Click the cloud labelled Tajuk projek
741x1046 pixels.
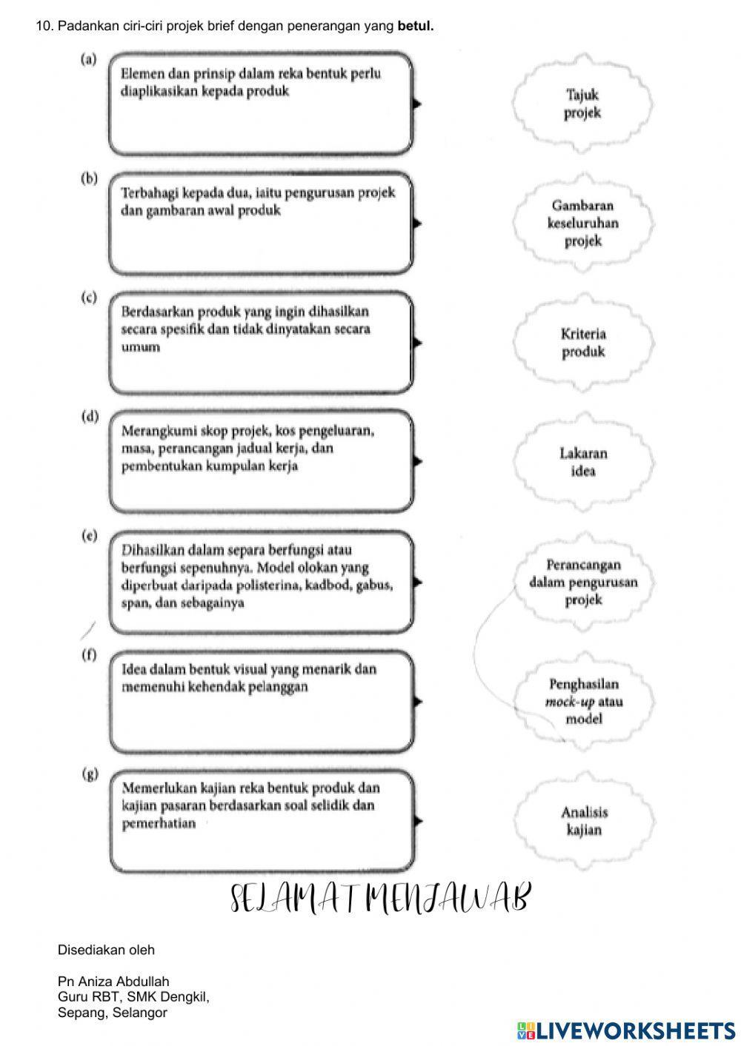[x=582, y=104]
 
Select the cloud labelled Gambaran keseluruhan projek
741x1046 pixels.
[x=582, y=223]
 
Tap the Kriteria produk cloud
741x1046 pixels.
[x=582, y=343]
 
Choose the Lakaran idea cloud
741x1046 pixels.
[x=582, y=462]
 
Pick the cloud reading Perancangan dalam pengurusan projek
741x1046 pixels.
[x=582, y=583]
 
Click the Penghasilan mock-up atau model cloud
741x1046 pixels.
[x=582, y=701]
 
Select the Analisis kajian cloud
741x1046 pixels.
[x=582, y=821]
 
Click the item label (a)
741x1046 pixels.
[x=89, y=59]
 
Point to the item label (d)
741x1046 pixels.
[x=89, y=416]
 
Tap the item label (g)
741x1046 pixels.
[x=89, y=774]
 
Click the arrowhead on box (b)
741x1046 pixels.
[x=417, y=223]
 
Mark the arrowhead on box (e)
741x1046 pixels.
[x=417, y=582]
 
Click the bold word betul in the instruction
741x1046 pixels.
[x=415, y=26]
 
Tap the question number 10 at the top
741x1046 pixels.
[x=44, y=26]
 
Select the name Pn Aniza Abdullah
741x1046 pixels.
[x=113, y=982]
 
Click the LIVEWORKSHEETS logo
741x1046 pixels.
[x=626, y=1030]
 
